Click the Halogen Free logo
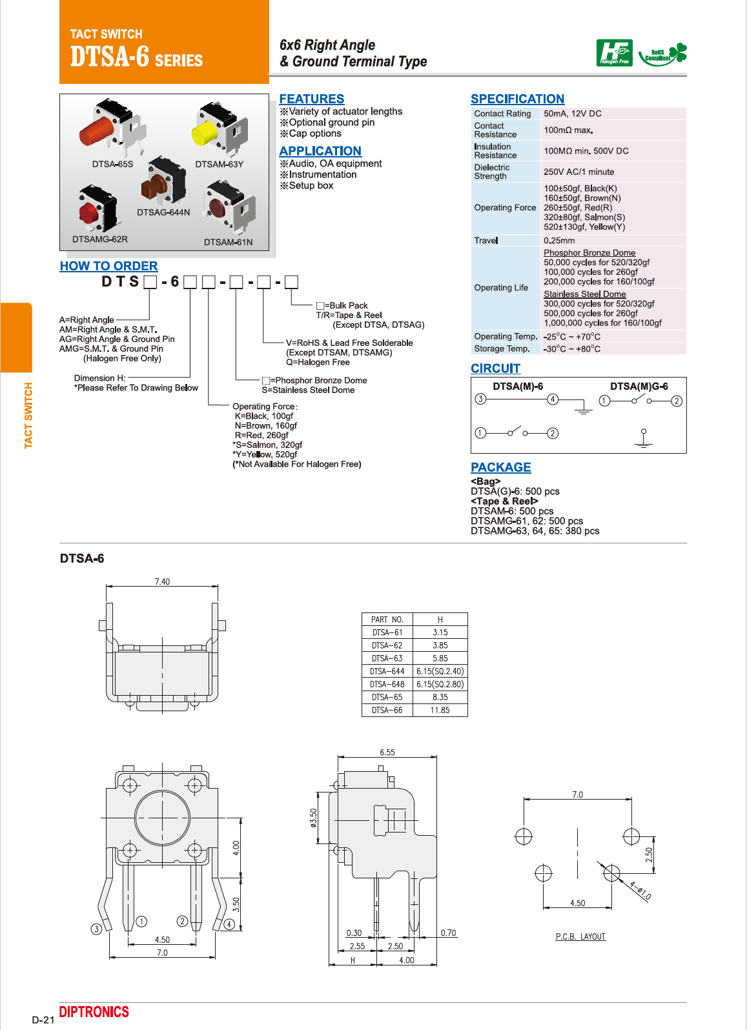614,53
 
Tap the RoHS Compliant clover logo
662,54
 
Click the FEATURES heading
311,99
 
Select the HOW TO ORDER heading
108,266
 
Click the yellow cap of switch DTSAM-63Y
205,133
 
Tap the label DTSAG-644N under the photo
163,212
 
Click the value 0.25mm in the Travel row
559,241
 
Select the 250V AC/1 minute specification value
578,172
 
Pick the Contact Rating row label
502,114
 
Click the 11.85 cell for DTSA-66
440,711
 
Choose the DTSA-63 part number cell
387,659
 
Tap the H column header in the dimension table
440,620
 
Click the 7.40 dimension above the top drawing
162,581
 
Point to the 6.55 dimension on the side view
387,752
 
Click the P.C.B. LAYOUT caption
580,937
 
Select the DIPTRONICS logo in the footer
94,1012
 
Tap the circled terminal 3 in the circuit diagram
480,399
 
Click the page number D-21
43,1020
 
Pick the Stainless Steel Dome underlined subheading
584,294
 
